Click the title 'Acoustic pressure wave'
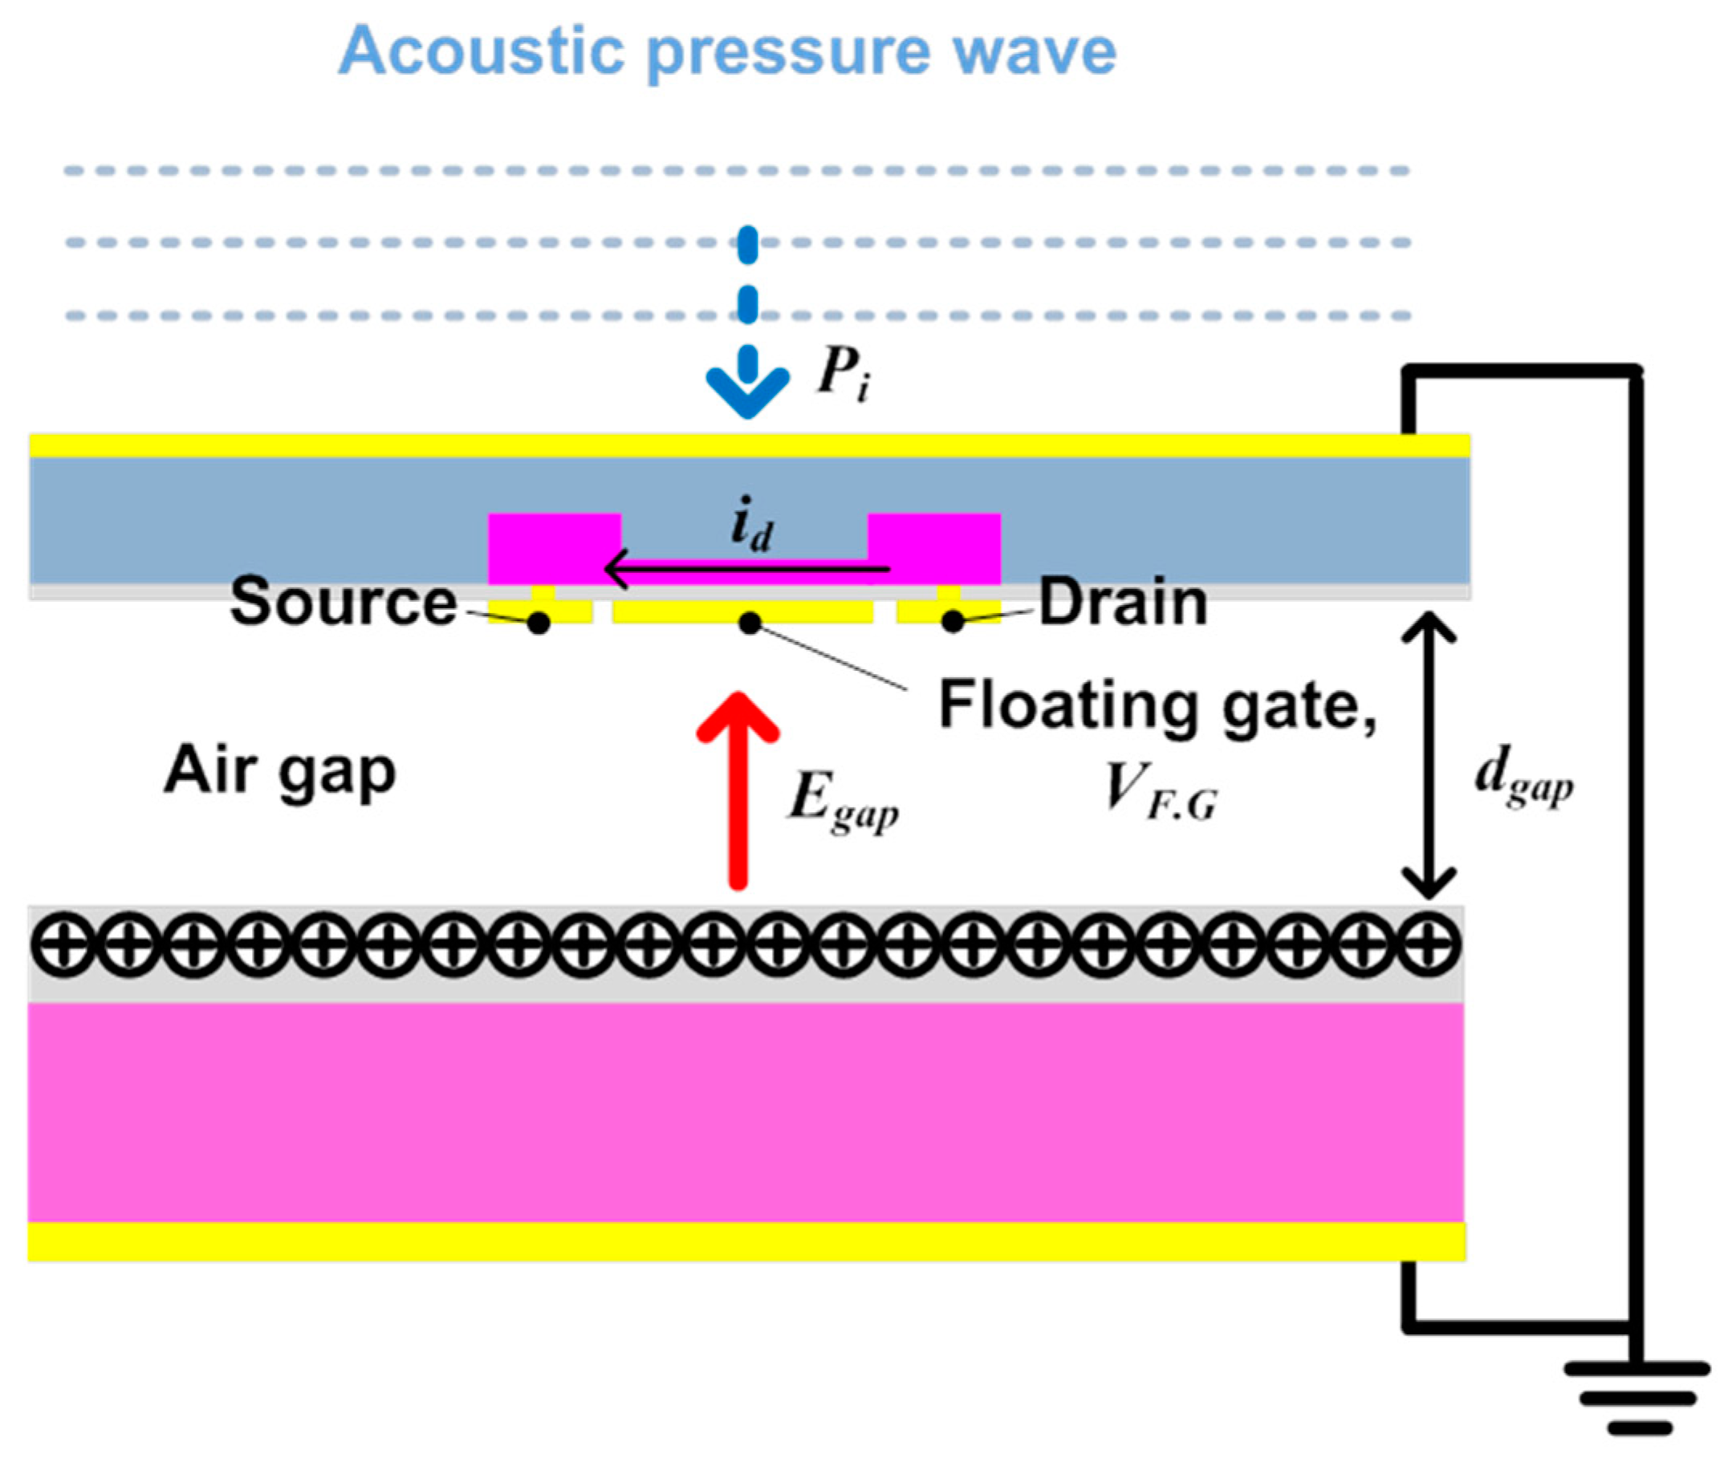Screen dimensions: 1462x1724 pos(727,51)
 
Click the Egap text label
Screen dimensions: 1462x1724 pos(842,802)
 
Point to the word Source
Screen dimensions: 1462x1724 pos(344,602)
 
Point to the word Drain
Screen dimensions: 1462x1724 pos(1122,602)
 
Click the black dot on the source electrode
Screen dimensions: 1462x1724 pos(539,623)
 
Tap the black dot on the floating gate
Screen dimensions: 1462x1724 pos(750,623)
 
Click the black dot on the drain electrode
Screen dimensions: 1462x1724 pos(953,621)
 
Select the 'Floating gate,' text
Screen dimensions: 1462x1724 pos(1157,706)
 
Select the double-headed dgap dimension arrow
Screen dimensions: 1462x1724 pos(1428,755)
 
